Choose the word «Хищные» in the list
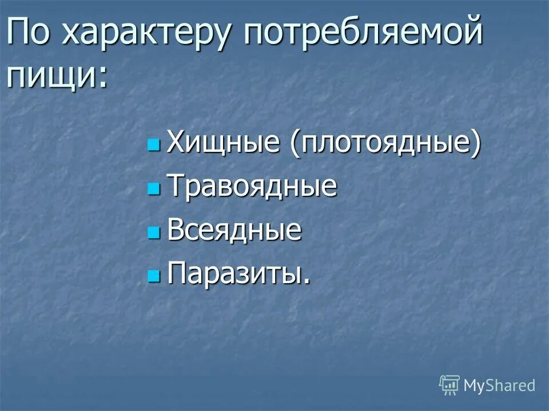(224, 143)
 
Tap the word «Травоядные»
(252, 187)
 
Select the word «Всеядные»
(234, 231)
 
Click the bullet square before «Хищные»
(153, 145)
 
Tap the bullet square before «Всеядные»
(153, 232)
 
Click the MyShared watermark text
(499, 385)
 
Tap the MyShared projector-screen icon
(449, 385)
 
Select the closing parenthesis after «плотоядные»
(475, 144)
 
